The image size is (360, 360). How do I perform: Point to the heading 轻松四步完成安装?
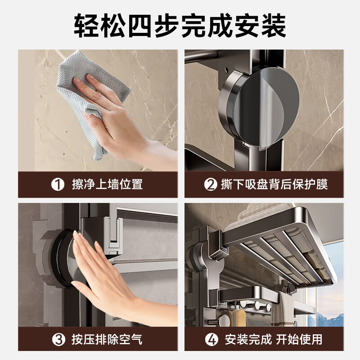tap(180, 27)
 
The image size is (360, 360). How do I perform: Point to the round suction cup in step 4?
tap(198, 256)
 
